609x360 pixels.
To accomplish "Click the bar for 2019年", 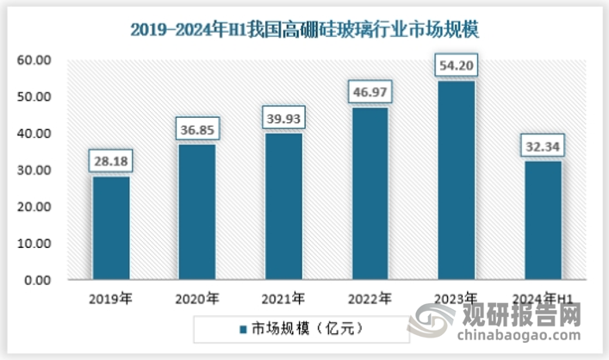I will coord(111,228).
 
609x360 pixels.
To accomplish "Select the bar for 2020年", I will coord(196,212).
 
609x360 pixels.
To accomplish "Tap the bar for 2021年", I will coord(283,207).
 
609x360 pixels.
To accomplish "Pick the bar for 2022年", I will coord(369,194).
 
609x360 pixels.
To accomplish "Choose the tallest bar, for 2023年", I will coord(455,180).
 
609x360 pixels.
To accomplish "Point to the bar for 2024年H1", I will coord(542,220).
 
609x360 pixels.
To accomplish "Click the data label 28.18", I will coord(111,160).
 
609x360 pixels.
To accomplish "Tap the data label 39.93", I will coord(283,117).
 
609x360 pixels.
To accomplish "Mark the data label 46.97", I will coord(369,91).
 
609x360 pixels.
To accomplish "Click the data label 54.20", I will coord(455,64).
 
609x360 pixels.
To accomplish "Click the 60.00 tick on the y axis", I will coord(35,60).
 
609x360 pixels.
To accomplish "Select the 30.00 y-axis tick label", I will coord(35,171).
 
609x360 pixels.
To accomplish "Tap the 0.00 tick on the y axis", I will coord(38,281).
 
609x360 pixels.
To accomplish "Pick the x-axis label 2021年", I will coord(283,300).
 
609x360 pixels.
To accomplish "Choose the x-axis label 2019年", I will coord(111,300).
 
